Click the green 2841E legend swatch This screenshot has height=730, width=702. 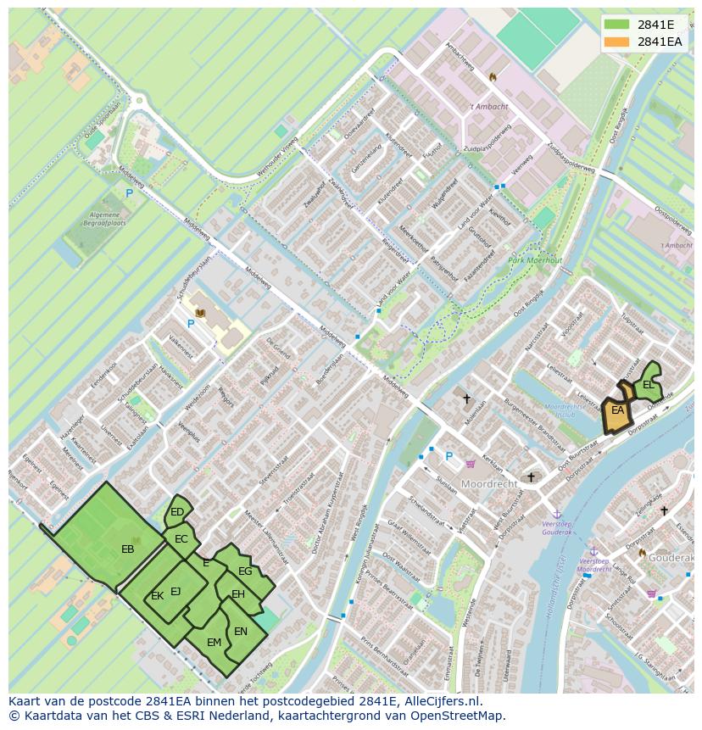pos(617,25)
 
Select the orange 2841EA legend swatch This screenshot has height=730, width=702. pos(617,42)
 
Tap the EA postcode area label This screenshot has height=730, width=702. pos(618,411)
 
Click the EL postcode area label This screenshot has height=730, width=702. pos(649,385)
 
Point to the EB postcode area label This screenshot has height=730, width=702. pos(128,549)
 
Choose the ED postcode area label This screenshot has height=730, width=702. pos(177,512)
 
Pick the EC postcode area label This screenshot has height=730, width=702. pos(181,539)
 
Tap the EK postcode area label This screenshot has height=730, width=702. pos(157,596)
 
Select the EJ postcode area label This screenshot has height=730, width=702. pos(175,592)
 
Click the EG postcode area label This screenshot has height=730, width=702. pos(245,571)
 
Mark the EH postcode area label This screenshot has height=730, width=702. pos(238,594)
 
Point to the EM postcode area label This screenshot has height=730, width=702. pos(214,643)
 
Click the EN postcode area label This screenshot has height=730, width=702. pos(241,632)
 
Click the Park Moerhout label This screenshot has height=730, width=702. pos(535,260)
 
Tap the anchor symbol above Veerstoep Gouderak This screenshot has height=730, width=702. pos(557,514)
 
